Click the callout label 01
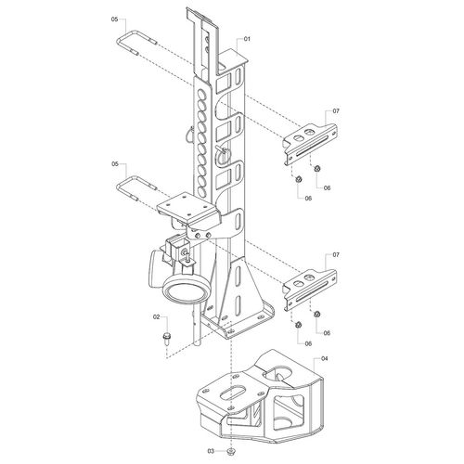(x=247, y=39)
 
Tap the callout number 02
(x=157, y=316)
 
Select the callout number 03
(x=211, y=451)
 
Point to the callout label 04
(x=324, y=359)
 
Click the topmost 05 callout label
(x=114, y=19)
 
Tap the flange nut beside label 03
(x=230, y=451)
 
